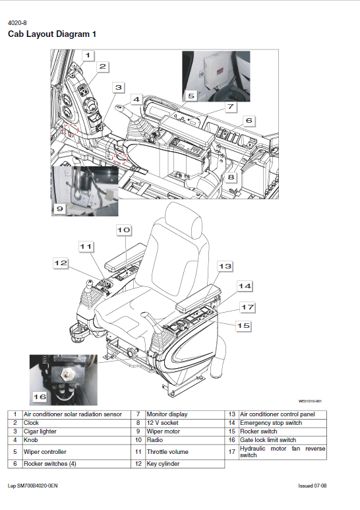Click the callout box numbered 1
point(89,55)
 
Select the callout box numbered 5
point(191,95)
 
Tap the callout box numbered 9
point(60,209)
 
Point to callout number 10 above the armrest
point(124,230)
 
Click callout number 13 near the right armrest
point(225,265)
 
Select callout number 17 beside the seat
point(247,307)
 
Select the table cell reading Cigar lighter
point(41,431)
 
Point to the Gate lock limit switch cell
point(268,440)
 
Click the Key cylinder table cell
point(163,464)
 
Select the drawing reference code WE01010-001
point(309,400)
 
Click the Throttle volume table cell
point(167,452)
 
